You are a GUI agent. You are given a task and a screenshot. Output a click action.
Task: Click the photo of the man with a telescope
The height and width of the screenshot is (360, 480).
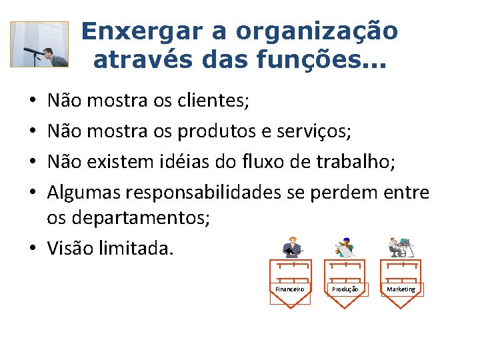[x=39, y=45]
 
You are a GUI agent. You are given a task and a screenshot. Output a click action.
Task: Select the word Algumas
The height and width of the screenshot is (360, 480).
[x=85, y=192]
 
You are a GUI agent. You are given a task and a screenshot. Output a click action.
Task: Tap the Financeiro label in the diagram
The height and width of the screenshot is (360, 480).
[x=290, y=289]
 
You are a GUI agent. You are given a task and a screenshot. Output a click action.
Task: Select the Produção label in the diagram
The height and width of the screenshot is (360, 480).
[x=345, y=289]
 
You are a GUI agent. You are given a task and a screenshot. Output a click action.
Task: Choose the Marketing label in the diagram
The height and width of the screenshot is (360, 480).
[x=401, y=289]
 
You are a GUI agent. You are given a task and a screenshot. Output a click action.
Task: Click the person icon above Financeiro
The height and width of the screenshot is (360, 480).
[x=291, y=247]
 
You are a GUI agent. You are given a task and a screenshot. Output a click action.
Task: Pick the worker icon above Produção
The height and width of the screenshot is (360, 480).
[x=345, y=247]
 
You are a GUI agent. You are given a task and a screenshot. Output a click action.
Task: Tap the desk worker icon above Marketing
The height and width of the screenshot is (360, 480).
[x=401, y=247]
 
